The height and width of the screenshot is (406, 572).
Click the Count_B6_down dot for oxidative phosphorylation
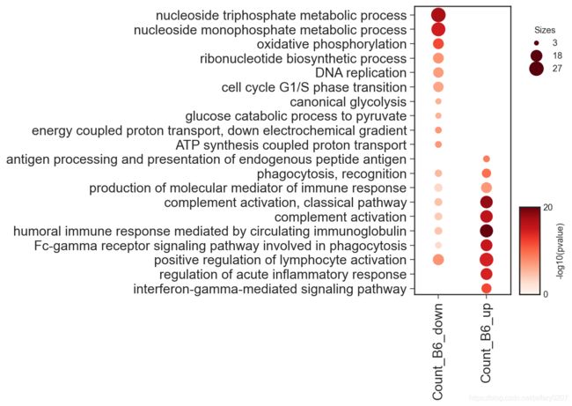pos(438,44)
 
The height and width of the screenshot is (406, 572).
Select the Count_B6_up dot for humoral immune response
pos(487,231)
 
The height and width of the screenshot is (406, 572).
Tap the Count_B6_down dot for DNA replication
pos(438,72)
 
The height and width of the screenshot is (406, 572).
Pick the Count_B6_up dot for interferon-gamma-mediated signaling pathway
pos(487,289)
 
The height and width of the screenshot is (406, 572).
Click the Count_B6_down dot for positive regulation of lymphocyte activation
pos(438,260)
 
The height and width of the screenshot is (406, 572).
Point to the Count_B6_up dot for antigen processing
pos(487,159)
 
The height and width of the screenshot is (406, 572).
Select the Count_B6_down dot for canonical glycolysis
pos(438,101)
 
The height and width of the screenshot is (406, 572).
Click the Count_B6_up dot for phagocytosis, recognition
pos(487,173)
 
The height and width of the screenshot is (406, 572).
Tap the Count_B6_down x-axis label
pos(437,351)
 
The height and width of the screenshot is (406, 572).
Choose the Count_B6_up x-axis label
pos(486,343)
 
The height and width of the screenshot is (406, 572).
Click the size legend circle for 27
pos(536,69)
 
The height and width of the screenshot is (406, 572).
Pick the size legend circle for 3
pos(536,43)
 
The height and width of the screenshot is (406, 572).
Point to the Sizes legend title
pos(545,30)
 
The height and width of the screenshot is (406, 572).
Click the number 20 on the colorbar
pos(547,207)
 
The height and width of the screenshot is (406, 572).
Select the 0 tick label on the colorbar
pos(546,294)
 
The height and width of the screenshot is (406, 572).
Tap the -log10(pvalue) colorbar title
pos(561,252)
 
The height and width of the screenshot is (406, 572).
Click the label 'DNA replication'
pos(361,73)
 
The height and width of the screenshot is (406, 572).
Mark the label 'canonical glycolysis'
pos(348,102)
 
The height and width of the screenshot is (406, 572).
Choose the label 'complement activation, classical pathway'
pos(285,203)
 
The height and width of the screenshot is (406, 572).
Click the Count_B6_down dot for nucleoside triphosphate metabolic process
pos(438,15)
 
